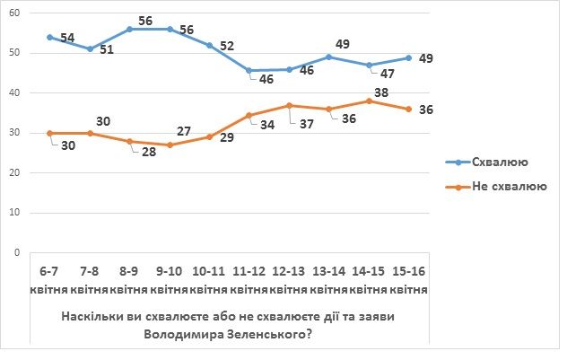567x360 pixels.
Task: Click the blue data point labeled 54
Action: tap(49, 37)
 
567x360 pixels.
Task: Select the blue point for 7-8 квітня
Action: tap(89, 48)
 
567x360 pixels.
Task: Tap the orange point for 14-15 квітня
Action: tap(369, 101)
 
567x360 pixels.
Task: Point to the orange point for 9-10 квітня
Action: tap(169, 145)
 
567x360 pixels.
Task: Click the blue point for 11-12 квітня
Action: tap(249, 70)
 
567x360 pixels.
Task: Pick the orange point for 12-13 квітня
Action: tap(289, 105)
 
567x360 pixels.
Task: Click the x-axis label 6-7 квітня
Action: tap(49, 279)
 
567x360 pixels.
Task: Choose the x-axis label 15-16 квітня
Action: tap(408, 279)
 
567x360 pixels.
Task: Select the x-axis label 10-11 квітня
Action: tap(209, 279)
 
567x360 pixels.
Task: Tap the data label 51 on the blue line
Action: tap(106, 49)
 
